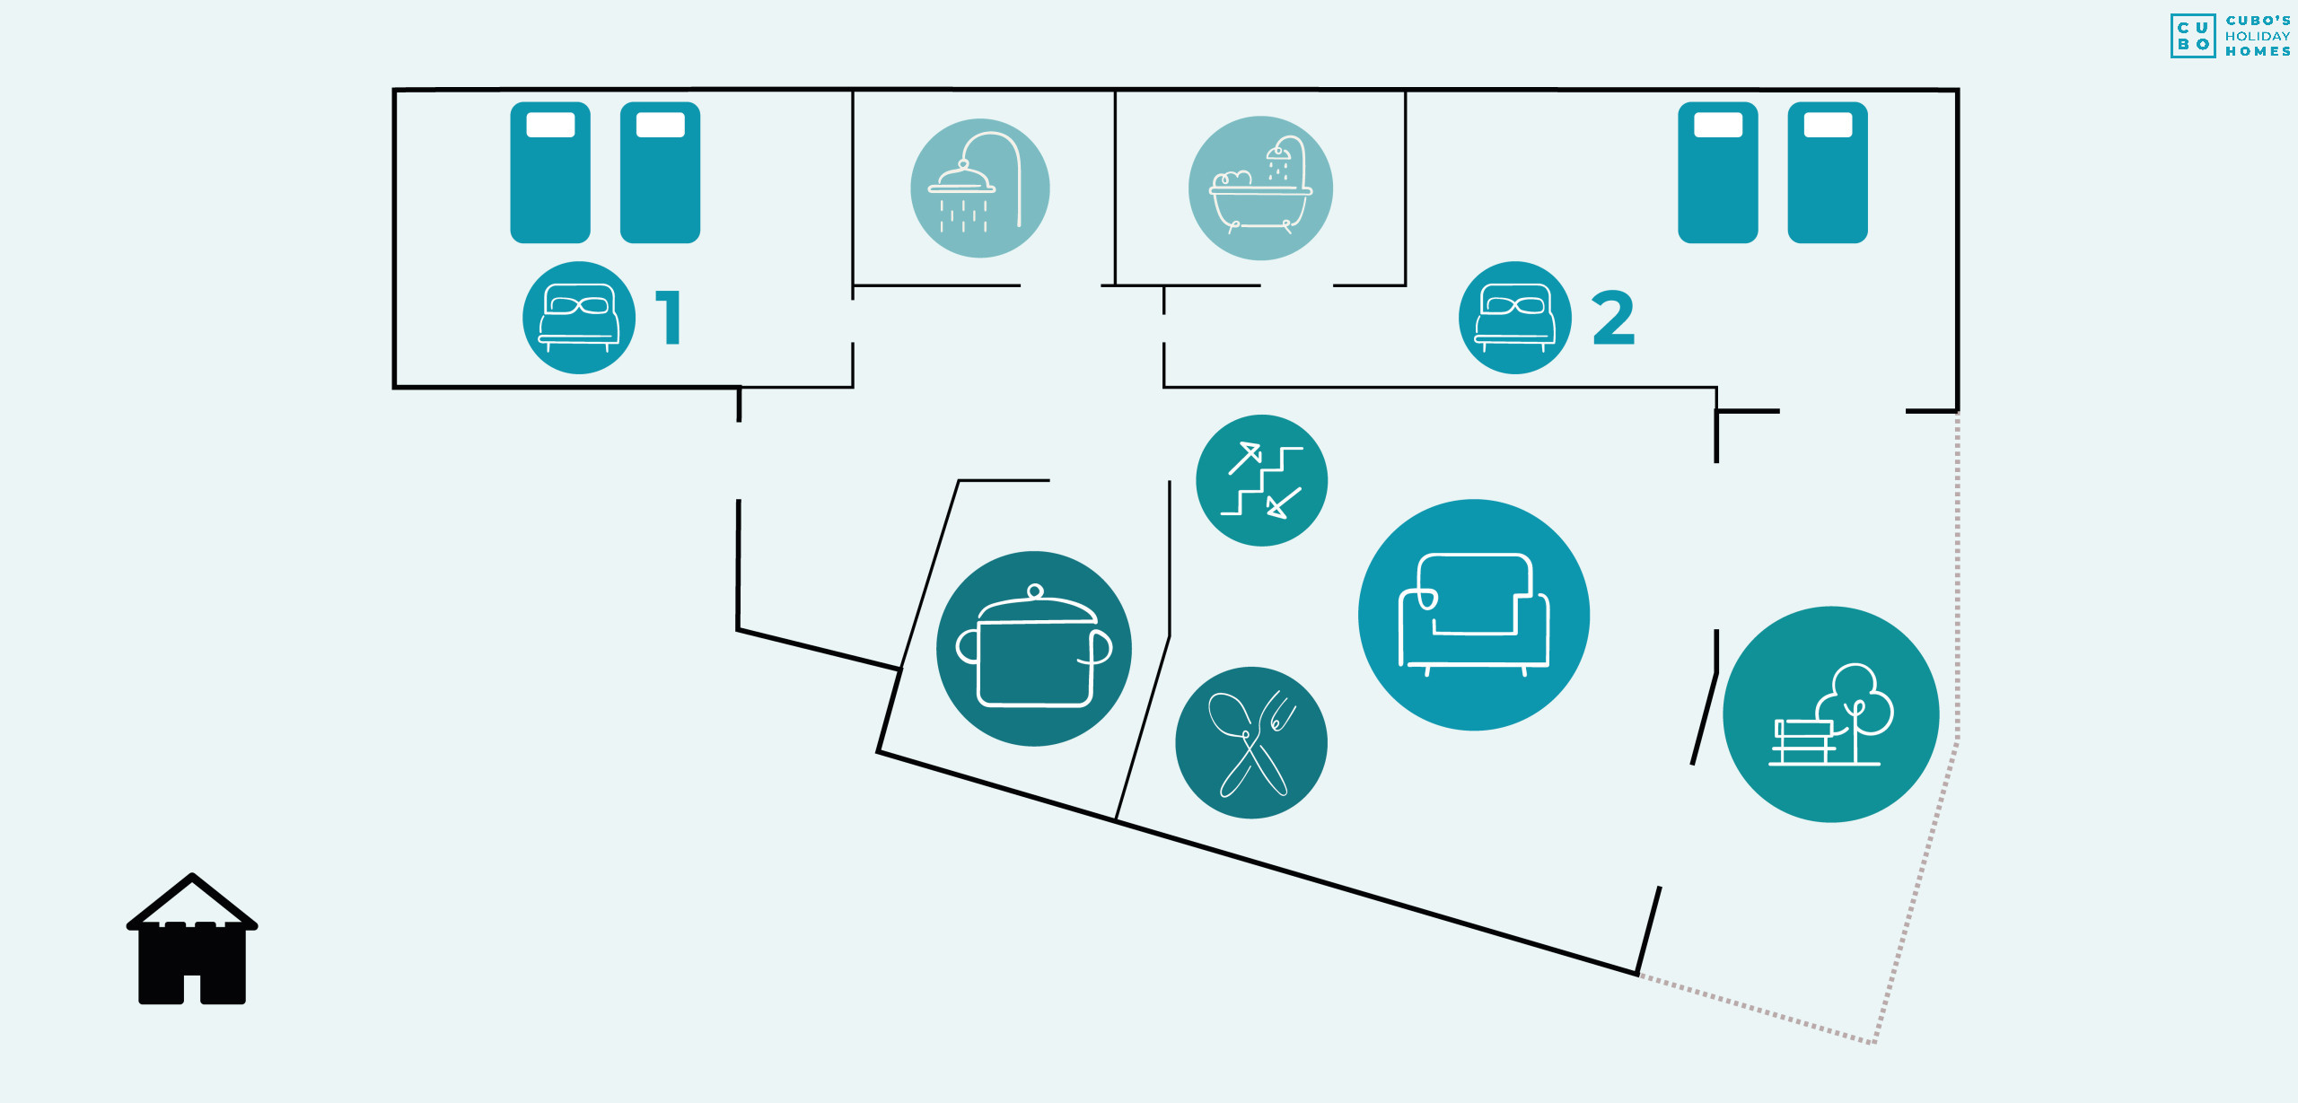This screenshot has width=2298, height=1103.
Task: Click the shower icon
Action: point(980,188)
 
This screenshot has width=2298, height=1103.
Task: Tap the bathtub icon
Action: point(1260,188)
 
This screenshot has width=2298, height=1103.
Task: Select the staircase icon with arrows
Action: point(1262,480)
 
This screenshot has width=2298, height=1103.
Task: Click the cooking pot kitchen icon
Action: point(1034,649)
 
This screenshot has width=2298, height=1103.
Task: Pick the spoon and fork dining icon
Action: point(1251,742)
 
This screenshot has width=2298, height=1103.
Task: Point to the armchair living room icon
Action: point(1474,615)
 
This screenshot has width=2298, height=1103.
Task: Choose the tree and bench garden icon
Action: point(1831,714)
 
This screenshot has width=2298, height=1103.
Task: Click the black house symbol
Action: point(192,939)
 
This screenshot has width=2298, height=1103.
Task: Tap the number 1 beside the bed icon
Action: point(669,317)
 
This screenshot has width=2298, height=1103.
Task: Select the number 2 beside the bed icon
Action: point(1614,318)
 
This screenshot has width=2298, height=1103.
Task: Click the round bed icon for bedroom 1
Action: point(579,318)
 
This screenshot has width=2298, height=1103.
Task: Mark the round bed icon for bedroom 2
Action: point(1515,318)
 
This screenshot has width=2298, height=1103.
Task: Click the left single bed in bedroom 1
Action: point(550,172)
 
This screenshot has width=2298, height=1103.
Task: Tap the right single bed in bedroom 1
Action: point(660,172)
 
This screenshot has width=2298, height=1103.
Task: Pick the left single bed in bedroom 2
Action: point(1718,172)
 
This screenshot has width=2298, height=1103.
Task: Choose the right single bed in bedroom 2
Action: point(1828,172)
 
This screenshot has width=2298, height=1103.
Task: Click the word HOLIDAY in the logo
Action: point(2258,36)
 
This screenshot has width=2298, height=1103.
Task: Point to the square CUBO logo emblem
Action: point(2193,36)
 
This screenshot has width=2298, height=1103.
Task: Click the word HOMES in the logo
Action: point(2258,51)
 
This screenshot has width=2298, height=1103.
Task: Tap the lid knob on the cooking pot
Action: point(1035,591)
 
